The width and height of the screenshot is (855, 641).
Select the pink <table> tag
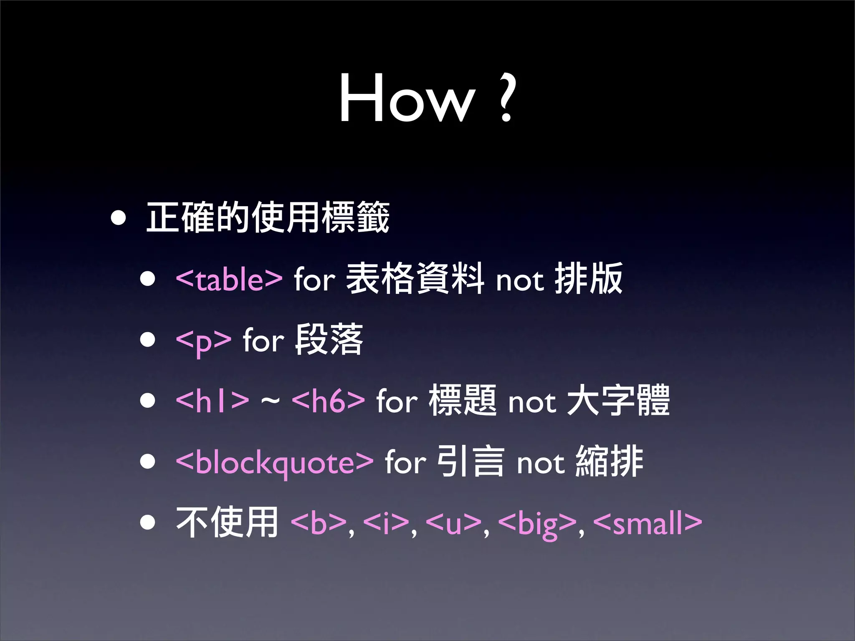(x=229, y=279)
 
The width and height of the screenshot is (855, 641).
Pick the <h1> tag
(x=212, y=401)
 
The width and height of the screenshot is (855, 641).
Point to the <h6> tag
(x=328, y=401)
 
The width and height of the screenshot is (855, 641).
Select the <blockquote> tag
(x=274, y=463)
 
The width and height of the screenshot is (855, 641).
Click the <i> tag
(x=386, y=523)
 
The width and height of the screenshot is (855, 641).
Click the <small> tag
(x=648, y=523)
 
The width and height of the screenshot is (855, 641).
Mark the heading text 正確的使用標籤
(x=268, y=217)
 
